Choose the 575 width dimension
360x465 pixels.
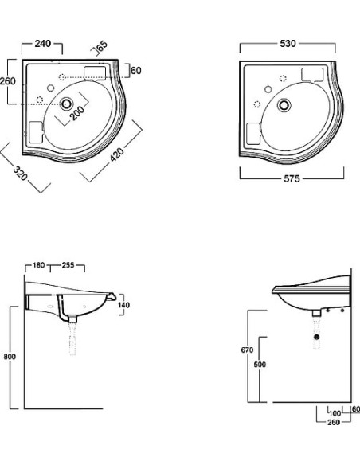point(292,179)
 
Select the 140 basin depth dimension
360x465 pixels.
point(123,305)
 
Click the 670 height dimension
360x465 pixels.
point(248,350)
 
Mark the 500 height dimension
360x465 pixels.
point(260,365)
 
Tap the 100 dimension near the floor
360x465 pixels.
point(335,413)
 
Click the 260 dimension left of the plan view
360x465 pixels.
point(8,80)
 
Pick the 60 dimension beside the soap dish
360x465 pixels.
point(135,71)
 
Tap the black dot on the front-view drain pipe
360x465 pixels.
point(317,338)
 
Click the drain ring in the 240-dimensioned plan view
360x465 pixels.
point(68,102)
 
